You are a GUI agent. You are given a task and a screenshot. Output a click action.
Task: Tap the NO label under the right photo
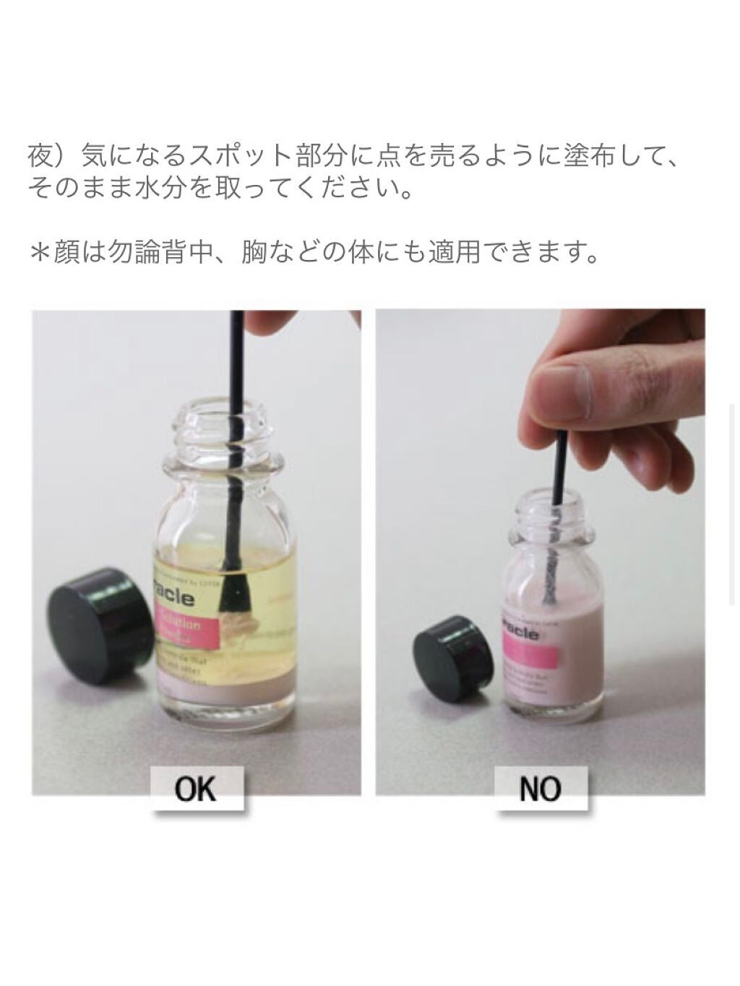click(539, 788)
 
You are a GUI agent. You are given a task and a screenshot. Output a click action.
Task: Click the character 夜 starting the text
click(41, 156)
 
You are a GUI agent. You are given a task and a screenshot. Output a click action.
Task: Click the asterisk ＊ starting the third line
click(40, 254)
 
